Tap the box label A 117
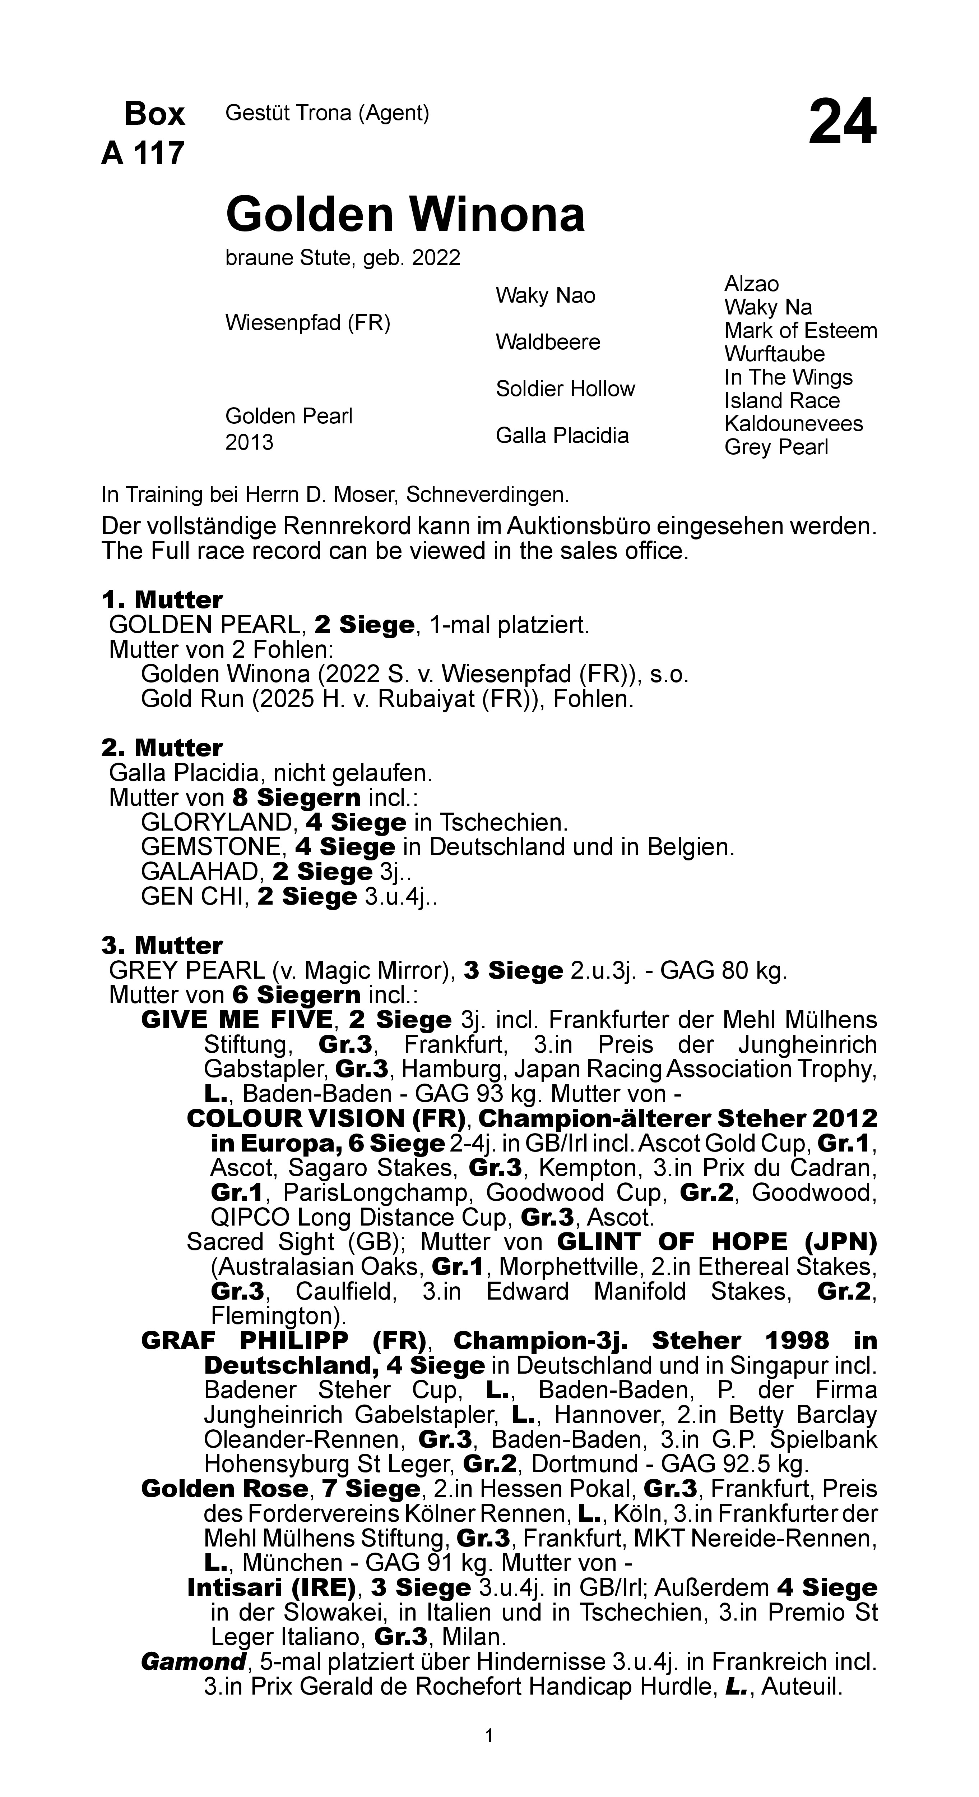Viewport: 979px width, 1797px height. coord(143,153)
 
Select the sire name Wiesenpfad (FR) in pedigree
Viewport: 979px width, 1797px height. coord(307,323)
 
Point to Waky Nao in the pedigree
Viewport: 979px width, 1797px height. coord(545,296)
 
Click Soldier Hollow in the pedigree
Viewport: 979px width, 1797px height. coord(565,389)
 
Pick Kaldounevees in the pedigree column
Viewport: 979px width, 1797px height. coord(793,423)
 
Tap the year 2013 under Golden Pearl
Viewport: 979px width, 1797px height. coord(249,442)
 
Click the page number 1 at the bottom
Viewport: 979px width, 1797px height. coord(489,1735)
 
